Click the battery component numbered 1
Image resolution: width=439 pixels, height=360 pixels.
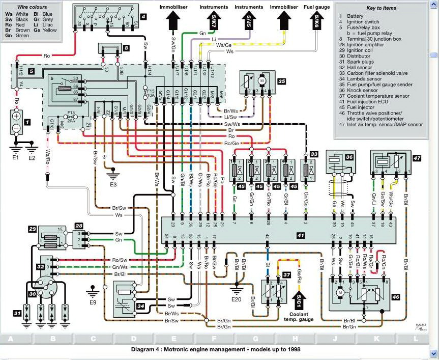[x=16, y=122]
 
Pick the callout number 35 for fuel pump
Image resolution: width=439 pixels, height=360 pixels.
[x=281, y=80]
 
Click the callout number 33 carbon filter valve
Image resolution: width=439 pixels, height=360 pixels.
[x=313, y=153]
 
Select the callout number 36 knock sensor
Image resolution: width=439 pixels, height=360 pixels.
[x=348, y=158]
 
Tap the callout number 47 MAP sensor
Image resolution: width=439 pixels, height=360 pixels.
[x=417, y=158]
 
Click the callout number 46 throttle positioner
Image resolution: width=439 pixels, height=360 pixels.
[x=395, y=297]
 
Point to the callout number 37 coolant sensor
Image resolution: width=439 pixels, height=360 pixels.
[x=287, y=274]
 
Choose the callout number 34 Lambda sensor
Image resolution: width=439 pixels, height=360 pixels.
[x=140, y=306]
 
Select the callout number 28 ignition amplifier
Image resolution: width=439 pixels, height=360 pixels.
[x=79, y=225]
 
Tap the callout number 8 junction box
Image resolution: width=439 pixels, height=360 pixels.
[x=126, y=49]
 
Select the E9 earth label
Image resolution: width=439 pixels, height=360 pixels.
[x=93, y=303]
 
